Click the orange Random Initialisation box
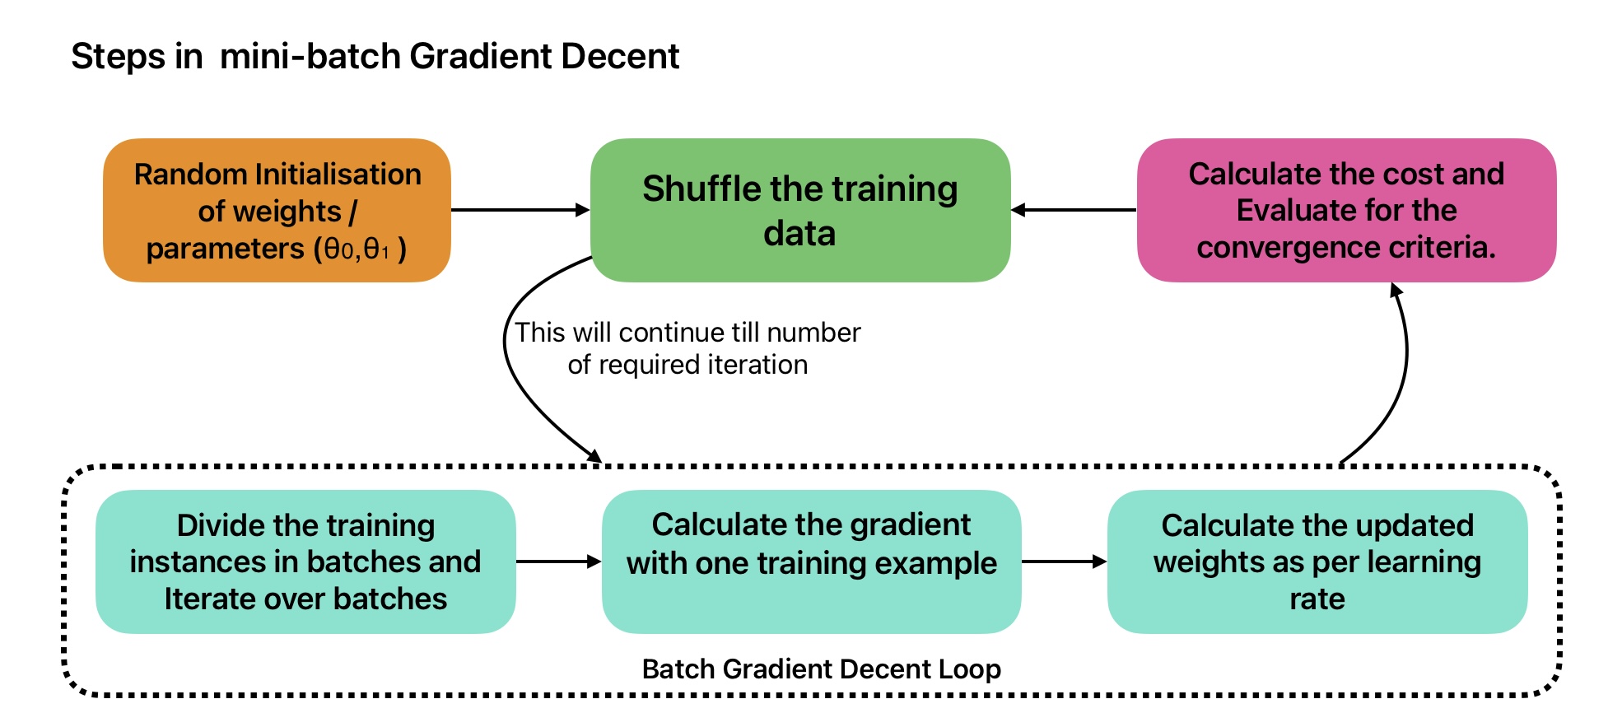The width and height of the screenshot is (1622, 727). pyautogui.click(x=277, y=211)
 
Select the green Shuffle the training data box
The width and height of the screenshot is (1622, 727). pyautogui.click(x=800, y=211)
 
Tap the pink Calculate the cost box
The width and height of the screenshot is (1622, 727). pyautogui.click(x=1346, y=211)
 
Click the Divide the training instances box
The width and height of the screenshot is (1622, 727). pyautogui.click(x=305, y=562)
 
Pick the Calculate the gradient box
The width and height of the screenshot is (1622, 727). pyautogui.click(x=812, y=562)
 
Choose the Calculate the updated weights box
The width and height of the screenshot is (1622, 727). pyautogui.click(x=1317, y=562)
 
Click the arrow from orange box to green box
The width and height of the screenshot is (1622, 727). pyautogui.click(x=520, y=210)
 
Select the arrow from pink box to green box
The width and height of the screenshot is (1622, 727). pyautogui.click(x=1074, y=210)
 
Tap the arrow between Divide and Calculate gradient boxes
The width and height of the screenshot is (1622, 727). pyautogui.click(x=559, y=562)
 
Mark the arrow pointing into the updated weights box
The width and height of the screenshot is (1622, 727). pyautogui.click(x=1065, y=562)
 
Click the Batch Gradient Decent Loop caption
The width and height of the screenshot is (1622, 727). pyautogui.click(x=821, y=669)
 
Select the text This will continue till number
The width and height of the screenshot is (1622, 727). pyautogui.click(x=687, y=332)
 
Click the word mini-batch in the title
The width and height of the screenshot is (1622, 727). pyautogui.click(x=310, y=56)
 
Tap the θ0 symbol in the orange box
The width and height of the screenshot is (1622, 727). pyautogui.click(x=341, y=249)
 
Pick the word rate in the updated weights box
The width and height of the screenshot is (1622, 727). pyautogui.click(x=1317, y=599)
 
